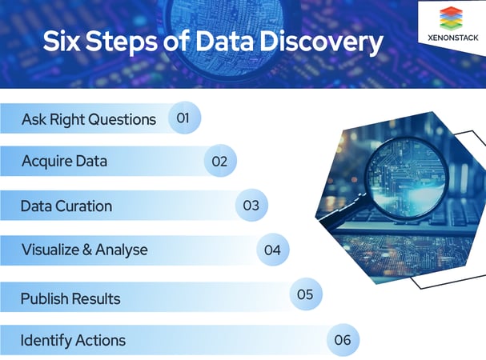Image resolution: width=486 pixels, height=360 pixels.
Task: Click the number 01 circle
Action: click(x=183, y=118)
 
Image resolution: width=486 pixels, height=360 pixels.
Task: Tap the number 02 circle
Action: click(x=219, y=161)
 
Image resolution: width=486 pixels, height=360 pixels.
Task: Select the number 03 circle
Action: click(x=251, y=206)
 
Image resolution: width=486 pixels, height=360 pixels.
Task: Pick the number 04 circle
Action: click(x=272, y=250)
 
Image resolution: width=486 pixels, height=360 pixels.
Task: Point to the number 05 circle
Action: click(x=304, y=294)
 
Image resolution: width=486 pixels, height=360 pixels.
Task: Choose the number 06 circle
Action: click(x=343, y=340)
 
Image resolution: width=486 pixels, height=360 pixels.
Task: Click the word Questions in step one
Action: click(x=120, y=119)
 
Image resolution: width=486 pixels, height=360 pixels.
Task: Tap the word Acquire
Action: click(x=45, y=161)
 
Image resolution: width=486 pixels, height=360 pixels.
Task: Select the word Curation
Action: click(x=83, y=206)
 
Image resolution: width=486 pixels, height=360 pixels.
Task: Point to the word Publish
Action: click(x=46, y=298)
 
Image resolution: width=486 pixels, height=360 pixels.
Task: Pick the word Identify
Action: click(x=46, y=340)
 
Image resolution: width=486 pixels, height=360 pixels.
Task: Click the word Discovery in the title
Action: click(x=321, y=42)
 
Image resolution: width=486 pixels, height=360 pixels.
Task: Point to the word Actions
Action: click(x=100, y=340)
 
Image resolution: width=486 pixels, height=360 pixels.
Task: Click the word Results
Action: click(x=94, y=298)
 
